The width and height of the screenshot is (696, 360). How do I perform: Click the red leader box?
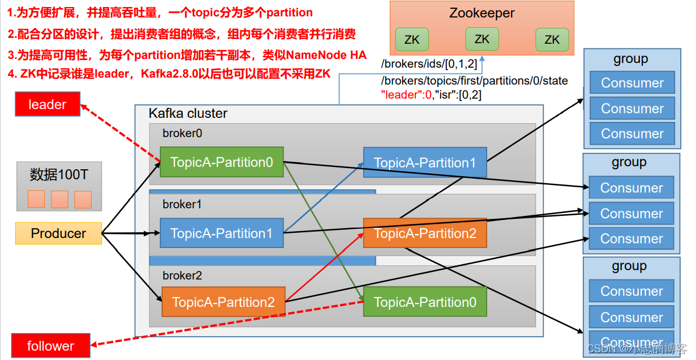coord(48,105)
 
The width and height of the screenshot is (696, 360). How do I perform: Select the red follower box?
coord(51,346)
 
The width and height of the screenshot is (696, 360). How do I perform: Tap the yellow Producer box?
coord(58,233)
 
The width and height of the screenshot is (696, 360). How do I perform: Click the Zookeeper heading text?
coord(482,13)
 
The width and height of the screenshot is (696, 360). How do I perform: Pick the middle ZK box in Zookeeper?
coord(482,40)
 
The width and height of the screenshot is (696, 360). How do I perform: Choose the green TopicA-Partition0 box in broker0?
coord(221,162)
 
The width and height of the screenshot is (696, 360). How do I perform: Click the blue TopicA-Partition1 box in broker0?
coord(425,163)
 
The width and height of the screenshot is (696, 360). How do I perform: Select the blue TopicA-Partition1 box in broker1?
coord(222,233)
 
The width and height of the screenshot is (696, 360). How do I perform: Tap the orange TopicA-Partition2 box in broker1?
coord(425,233)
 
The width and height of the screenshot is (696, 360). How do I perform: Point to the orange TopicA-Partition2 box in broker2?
coord(223,302)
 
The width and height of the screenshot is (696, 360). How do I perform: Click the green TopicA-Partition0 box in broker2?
coord(425,302)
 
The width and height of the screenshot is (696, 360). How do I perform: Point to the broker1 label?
coord(182,205)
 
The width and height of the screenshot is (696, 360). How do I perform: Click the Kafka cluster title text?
coord(188,113)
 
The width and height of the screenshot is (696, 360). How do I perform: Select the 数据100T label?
coord(58,174)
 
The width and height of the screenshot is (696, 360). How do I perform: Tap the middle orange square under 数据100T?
coord(60,200)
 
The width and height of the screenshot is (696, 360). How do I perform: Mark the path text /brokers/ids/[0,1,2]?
coord(429,64)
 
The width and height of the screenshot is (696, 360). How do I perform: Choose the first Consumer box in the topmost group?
coord(632,83)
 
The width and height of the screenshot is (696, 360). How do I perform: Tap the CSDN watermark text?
coord(601,349)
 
